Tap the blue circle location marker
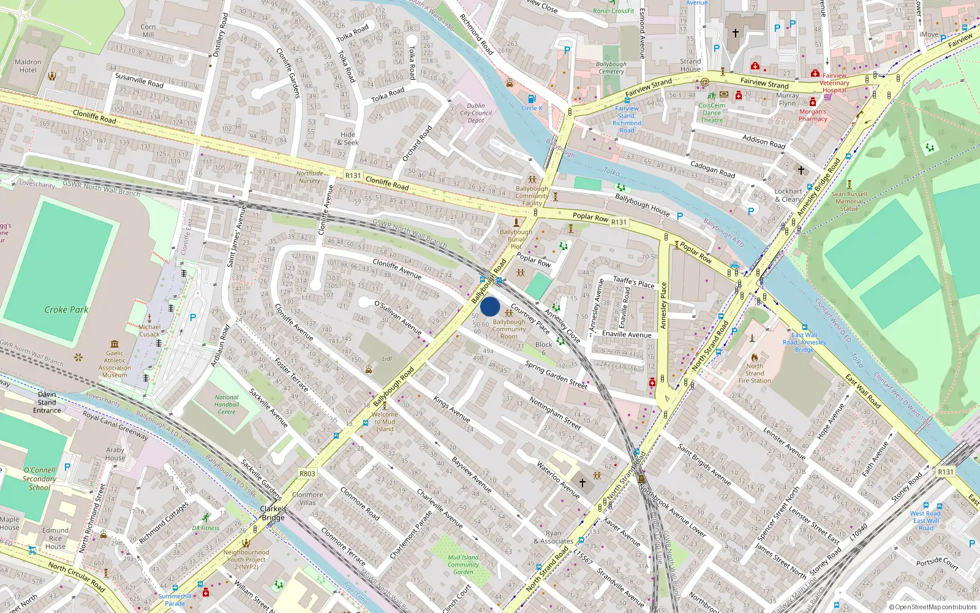[x=490, y=306]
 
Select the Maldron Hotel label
[x=28, y=66]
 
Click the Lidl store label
[x=386, y=359]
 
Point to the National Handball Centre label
[x=227, y=405]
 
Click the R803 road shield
[x=307, y=474]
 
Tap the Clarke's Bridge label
[x=273, y=513]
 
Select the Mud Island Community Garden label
[x=463, y=565]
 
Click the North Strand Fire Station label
[x=755, y=373]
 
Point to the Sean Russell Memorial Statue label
[x=849, y=201]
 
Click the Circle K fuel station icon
[x=531, y=99]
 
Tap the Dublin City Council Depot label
[x=476, y=113]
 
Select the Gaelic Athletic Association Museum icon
[x=115, y=344]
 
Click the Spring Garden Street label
[x=556, y=375]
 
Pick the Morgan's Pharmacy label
[x=813, y=115]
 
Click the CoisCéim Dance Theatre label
[x=712, y=113]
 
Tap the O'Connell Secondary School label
[x=39, y=479]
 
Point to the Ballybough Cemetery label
[x=611, y=67]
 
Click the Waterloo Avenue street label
[x=558, y=479]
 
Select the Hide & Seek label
[x=348, y=139]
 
